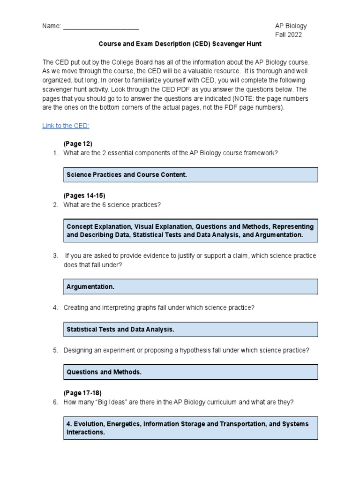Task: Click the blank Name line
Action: click(x=100, y=27)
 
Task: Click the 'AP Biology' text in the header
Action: click(x=291, y=26)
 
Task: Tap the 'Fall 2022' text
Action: click(x=288, y=35)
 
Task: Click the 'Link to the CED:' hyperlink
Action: click(x=66, y=126)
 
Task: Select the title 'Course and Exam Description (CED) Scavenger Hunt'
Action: click(x=180, y=44)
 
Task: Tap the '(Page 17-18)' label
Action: click(x=82, y=393)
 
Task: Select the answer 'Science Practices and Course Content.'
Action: click(x=127, y=175)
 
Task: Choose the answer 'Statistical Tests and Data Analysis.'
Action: click(x=120, y=330)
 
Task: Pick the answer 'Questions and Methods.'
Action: click(x=104, y=372)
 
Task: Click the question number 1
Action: click(x=55, y=153)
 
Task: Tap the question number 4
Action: click(x=55, y=307)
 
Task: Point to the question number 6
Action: click(x=55, y=402)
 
